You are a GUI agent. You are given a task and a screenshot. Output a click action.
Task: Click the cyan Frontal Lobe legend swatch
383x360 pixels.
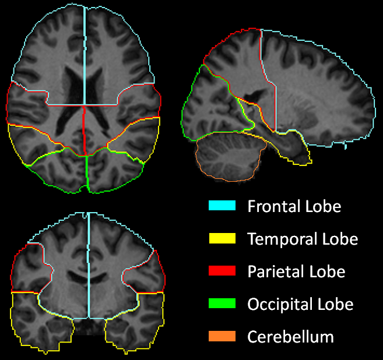pos(222,206)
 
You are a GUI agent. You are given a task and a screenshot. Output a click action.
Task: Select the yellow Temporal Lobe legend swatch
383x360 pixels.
pos(222,238)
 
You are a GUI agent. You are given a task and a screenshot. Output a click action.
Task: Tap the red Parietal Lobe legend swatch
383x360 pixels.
pos(222,271)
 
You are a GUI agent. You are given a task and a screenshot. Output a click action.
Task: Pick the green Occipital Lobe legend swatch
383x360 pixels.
pos(222,303)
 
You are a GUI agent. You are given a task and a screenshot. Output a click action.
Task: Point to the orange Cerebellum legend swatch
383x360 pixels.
pos(222,336)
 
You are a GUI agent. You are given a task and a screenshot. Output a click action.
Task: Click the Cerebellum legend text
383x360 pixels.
pos(290,337)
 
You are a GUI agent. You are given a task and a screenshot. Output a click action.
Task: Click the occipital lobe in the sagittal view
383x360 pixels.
pos(204,108)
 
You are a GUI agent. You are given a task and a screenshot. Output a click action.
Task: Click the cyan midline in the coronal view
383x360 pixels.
pos(89,268)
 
